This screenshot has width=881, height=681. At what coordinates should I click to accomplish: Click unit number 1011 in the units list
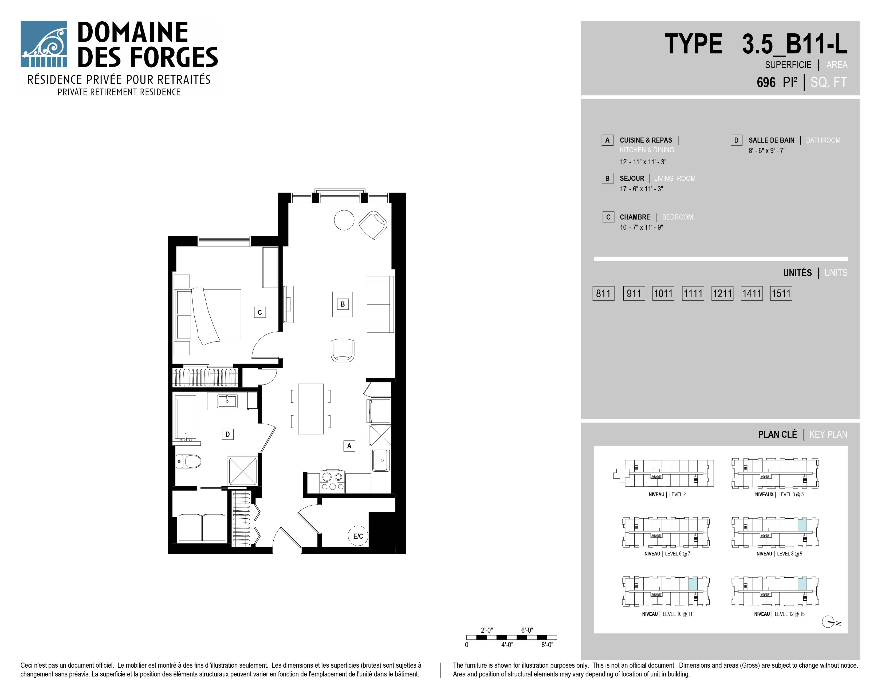tap(663, 293)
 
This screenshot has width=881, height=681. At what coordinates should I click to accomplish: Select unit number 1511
tap(781, 293)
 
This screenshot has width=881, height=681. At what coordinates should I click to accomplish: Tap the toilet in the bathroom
tap(188, 461)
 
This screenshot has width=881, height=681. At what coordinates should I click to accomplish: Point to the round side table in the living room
tap(344, 220)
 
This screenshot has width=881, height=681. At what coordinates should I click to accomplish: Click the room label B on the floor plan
tap(343, 304)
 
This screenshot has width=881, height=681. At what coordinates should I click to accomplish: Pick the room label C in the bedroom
tap(260, 312)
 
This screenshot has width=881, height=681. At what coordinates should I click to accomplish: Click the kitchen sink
tap(381, 460)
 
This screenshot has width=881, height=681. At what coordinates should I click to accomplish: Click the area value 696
tap(766, 82)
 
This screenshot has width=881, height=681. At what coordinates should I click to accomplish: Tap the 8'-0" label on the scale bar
tap(547, 645)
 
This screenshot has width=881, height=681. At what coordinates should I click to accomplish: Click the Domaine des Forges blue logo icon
tap(44, 44)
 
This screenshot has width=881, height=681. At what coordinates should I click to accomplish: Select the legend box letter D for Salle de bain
tap(736, 140)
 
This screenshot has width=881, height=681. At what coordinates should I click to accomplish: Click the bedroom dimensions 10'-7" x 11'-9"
tap(641, 227)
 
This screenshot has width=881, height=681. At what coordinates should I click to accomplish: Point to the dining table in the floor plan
tap(310, 409)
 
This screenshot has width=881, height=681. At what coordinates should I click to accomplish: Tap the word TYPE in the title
tap(693, 44)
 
